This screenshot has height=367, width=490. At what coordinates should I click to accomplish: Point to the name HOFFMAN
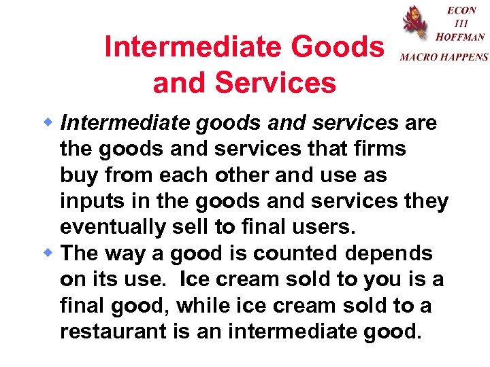(x=460, y=37)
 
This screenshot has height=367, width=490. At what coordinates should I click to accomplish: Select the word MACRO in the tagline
(x=419, y=58)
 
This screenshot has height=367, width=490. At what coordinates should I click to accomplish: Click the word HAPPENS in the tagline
(x=465, y=58)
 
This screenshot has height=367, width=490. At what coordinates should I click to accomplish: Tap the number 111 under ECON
(x=461, y=23)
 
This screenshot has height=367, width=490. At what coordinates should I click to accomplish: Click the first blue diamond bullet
(x=49, y=123)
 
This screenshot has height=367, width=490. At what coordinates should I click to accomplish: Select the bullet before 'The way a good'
(x=49, y=254)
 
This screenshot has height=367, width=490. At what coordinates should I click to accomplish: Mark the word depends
(x=389, y=254)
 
